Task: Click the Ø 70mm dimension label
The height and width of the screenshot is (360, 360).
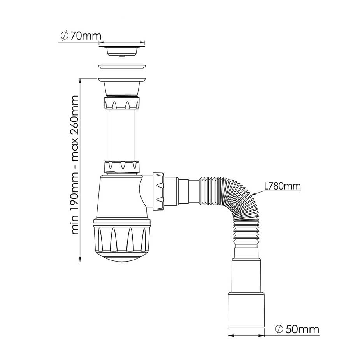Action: tap(81, 36)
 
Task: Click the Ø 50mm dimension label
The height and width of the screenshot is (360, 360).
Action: tap(297, 329)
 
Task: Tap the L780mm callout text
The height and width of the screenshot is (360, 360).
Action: tap(282, 186)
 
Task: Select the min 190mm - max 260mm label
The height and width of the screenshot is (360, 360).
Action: tap(75, 165)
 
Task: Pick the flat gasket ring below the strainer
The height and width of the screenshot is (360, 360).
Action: tap(122, 66)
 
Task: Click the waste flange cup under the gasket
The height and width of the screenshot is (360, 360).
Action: tap(122, 86)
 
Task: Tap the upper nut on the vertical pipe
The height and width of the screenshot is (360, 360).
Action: tap(122, 103)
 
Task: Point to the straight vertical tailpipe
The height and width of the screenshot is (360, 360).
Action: tap(122, 135)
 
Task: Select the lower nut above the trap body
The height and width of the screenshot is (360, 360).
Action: tap(122, 167)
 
